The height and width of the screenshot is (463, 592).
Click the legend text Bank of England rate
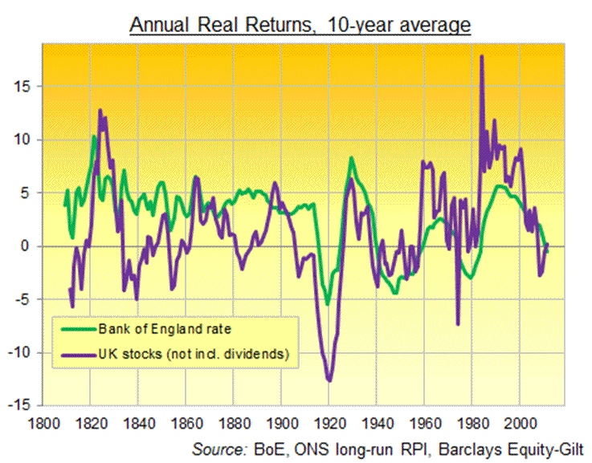click(x=153, y=328)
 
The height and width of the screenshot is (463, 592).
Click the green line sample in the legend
click(x=75, y=328)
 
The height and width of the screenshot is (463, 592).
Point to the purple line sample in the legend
click(x=75, y=352)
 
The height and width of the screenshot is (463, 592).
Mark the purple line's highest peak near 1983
click(x=481, y=56)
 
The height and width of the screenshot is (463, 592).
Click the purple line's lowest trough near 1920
click(x=329, y=380)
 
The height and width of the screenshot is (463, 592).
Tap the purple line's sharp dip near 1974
click(x=458, y=324)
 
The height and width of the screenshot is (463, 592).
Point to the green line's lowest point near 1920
click(x=328, y=304)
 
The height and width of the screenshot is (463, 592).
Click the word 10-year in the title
click(x=360, y=25)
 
